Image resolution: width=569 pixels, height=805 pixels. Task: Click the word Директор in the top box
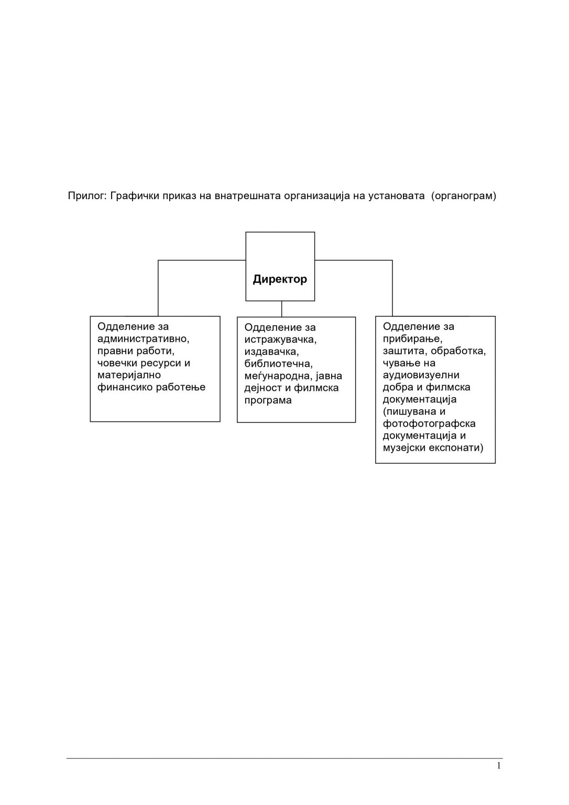pos(280,279)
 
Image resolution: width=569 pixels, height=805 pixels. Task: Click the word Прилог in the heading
pos(86,197)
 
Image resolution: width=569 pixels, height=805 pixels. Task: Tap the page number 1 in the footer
pos(498,766)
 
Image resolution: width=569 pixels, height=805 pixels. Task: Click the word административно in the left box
pos(144,339)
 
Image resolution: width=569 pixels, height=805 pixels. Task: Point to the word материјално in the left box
pos(129,375)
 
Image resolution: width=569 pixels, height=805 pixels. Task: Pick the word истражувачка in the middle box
pos(280,340)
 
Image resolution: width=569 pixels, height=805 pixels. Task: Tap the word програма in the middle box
pos(268,400)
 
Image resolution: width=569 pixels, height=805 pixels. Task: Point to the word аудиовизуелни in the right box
pos(421,375)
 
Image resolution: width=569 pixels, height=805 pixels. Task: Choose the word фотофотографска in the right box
pos(429,423)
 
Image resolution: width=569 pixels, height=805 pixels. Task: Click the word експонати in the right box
pos(456,448)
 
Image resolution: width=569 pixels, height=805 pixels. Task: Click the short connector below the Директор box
pos(282,309)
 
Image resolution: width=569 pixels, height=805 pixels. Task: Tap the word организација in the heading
pos(315,197)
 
